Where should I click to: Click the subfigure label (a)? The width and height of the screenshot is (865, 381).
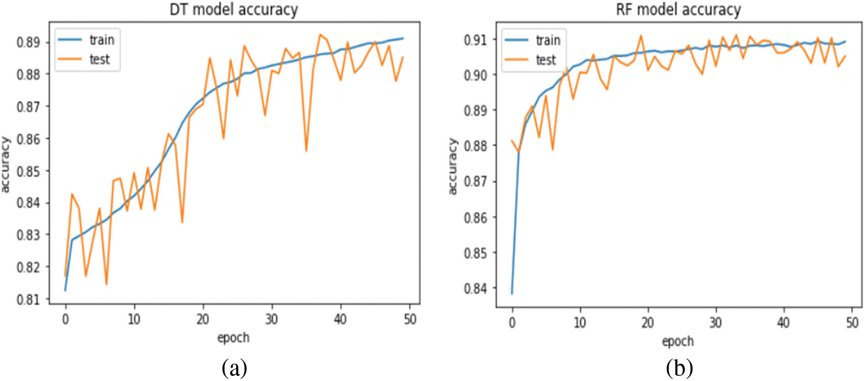point(234,367)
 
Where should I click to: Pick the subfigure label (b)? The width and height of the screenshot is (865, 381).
point(680,367)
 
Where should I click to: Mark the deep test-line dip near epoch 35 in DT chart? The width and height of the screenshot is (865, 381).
point(306,151)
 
